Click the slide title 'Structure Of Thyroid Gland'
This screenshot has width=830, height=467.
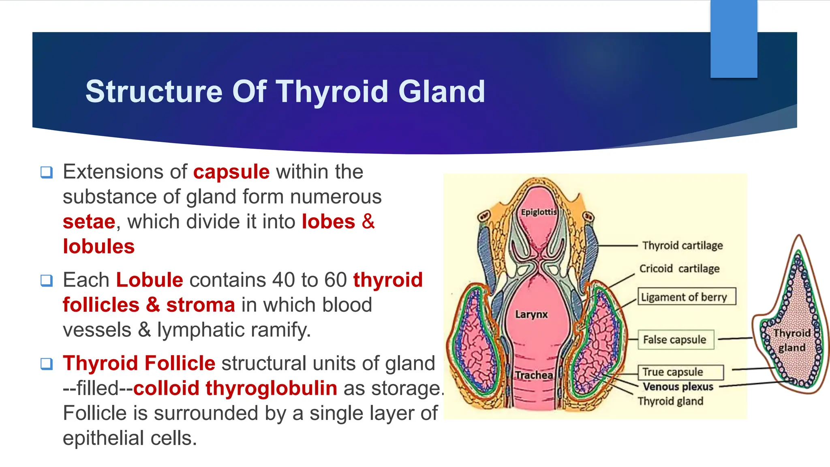(x=285, y=92)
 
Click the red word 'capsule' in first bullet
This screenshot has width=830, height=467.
(x=231, y=172)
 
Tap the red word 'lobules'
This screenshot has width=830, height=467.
(x=98, y=246)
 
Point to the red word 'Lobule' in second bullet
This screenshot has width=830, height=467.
(x=149, y=280)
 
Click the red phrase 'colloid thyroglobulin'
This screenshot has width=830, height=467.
(x=235, y=388)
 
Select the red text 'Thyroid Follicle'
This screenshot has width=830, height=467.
(x=139, y=363)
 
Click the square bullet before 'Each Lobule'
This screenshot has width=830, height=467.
(x=47, y=281)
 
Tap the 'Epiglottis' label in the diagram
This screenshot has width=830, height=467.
(x=539, y=212)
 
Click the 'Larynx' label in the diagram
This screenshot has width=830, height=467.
(x=531, y=315)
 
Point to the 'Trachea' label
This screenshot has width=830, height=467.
(x=534, y=375)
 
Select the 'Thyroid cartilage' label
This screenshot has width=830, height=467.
(x=682, y=246)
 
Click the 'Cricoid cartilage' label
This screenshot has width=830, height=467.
(x=679, y=269)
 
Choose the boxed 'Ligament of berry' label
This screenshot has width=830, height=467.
(x=687, y=297)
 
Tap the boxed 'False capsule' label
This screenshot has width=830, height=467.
(x=675, y=340)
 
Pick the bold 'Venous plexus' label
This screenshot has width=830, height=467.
(x=678, y=387)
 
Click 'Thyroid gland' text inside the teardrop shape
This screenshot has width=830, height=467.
(x=791, y=341)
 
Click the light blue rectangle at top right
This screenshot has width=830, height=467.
(x=734, y=39)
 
